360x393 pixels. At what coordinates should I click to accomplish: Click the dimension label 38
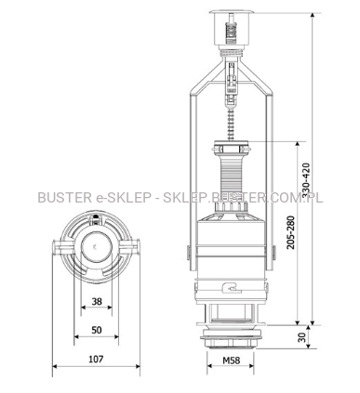pyautogui.click(x=97, y=301)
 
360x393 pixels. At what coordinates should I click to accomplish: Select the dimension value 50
pyautogui.click(x=97, y=330)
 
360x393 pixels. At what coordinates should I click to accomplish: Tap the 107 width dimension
pyautogui.click(x=96, y=360)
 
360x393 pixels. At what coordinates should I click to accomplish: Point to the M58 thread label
pyautogui.click(x=232, y=360)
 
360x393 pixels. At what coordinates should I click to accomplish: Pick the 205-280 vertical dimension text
pyautogui.click(x=290, y=232)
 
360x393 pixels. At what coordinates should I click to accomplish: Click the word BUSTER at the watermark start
pyautogui.click(x=64, y=198)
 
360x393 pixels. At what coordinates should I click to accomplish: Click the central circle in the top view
pyautogui.click(x=97, y=247)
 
